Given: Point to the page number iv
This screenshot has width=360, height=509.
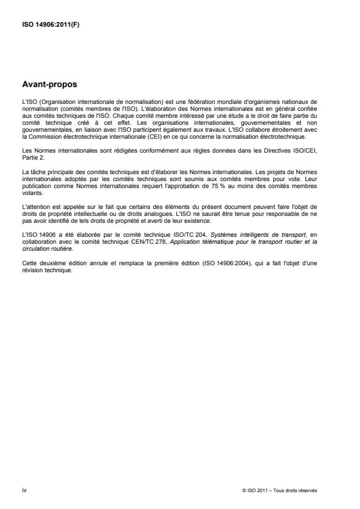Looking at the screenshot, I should (24, 490).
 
